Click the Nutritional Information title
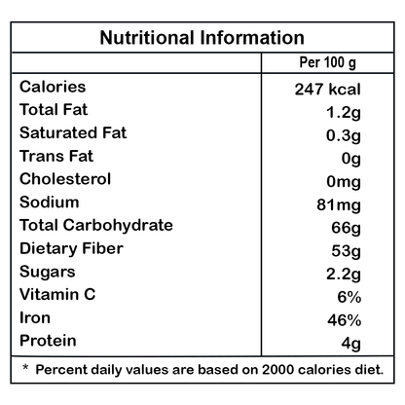pos(202,38)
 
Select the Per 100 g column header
pos(327,62)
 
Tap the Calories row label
pos(53,87)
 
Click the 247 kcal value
pos(327,90)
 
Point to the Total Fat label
pos(54,110)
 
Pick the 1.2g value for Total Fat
pos(344,113)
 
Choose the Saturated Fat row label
pos(73,133)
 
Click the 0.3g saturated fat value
pos(344,136)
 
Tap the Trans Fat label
pos(56,156)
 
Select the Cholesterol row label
pos(65,179)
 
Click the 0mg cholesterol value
pos(344,182)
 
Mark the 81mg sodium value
pos(339,205)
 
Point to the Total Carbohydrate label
pos(96,226)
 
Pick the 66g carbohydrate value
pos(346,229)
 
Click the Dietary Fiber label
pos(71,249)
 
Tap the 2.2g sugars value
pos(344,275)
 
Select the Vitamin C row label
pos(57,295)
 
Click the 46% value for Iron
pos(345,320)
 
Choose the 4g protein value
pos(350,344)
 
